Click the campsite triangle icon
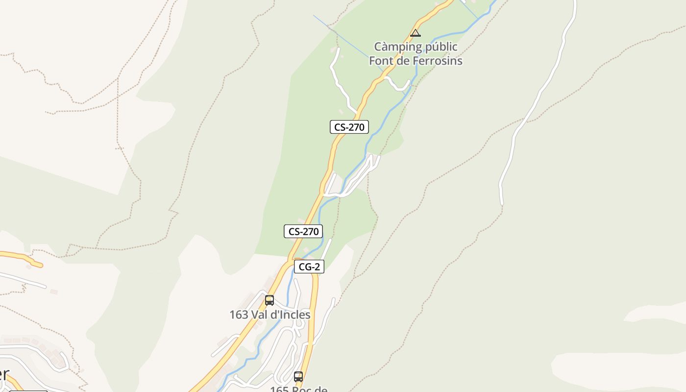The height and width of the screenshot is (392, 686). coord(416,33)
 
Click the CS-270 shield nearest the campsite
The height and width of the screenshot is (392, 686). coord(349,127)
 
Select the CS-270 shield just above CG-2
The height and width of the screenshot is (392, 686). coord(303,231)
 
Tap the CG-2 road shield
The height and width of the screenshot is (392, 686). coord(309,267)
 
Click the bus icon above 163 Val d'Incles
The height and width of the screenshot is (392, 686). coord(269,300)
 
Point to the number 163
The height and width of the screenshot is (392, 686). coord(239,315)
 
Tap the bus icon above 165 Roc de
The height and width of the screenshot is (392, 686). coord(298,376)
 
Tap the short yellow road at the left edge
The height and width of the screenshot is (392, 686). coord(22,257)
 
